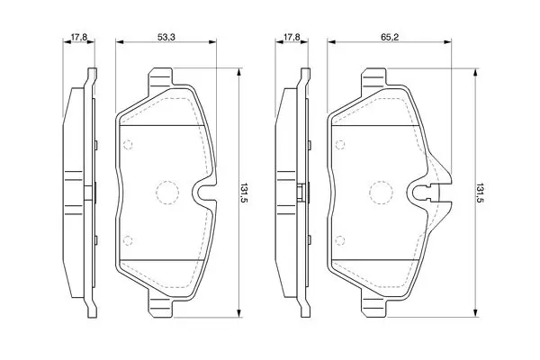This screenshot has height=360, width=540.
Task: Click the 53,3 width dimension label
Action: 166,37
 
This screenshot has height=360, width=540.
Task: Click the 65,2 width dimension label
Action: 390,37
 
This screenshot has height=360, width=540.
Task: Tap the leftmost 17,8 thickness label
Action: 79,37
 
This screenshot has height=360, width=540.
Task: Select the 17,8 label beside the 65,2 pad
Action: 292,37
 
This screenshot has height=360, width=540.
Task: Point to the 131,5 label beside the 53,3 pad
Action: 244,193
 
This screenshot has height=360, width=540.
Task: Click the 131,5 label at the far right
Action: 480,193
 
